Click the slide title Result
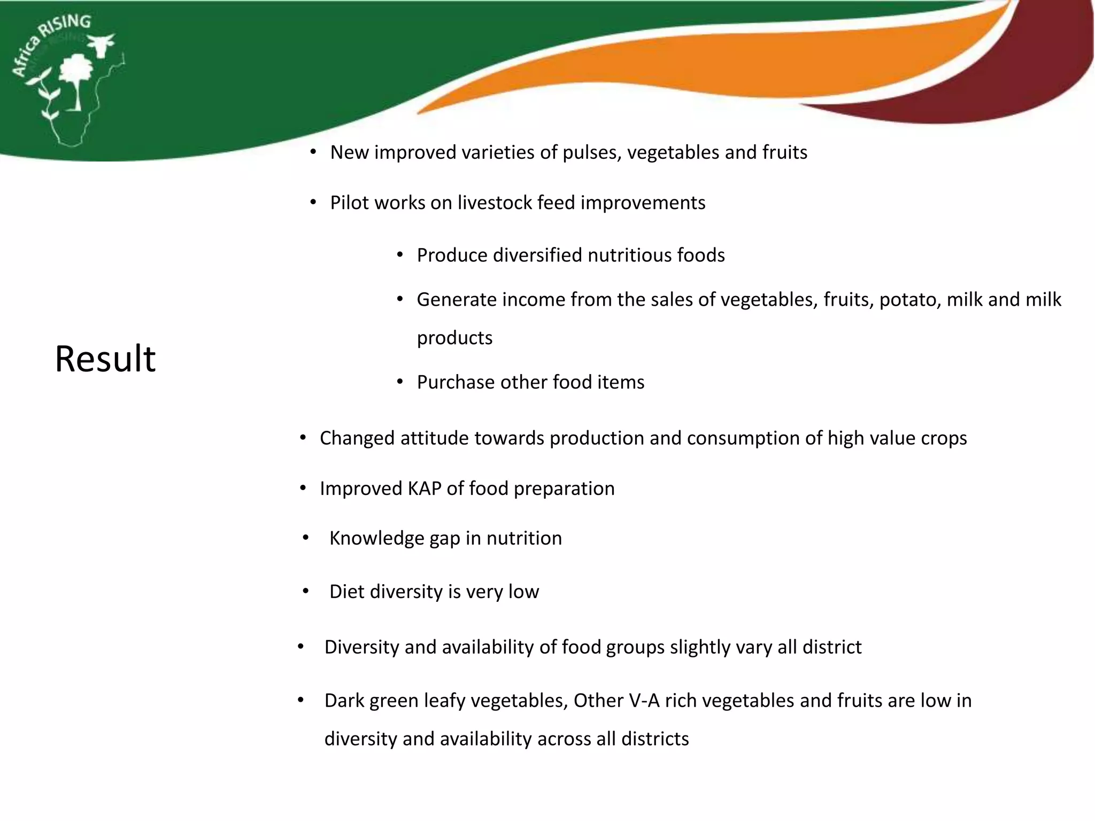[x=105, y=359]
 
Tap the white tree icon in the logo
[x=76, y=78]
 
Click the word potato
[x=910, y=300]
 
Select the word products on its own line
[x=454, y=338]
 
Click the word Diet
[x=346, y=592]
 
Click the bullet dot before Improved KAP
[x=303, y=488]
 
